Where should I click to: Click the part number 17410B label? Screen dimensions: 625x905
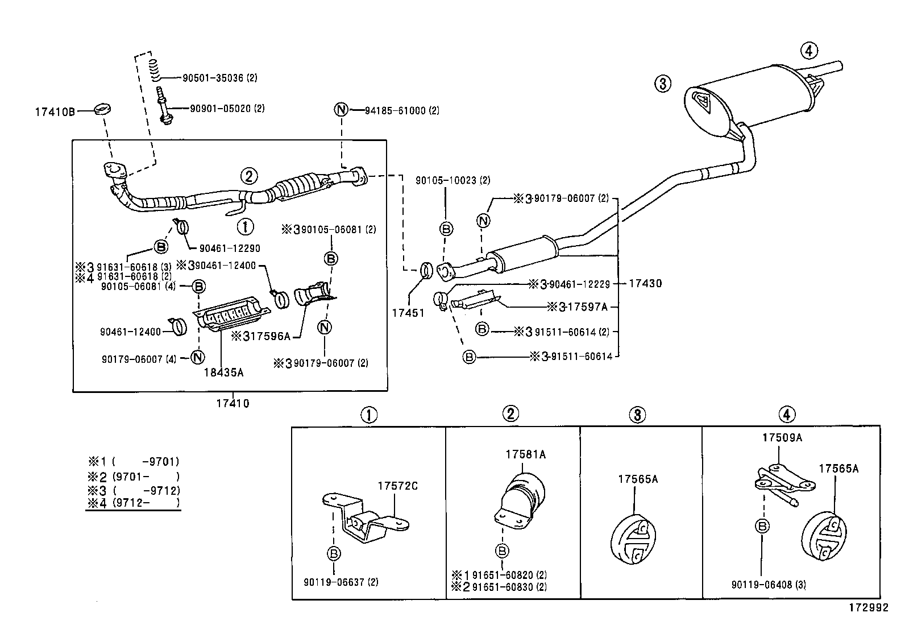click(55, 111)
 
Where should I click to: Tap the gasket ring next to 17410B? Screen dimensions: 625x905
click(102, 109)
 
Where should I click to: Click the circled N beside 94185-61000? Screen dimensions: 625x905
click(341, 109)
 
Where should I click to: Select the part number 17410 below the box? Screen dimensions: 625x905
click(233, 404)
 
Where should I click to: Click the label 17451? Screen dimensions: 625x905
click(408, 313)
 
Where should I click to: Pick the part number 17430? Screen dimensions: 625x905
click(645, 283)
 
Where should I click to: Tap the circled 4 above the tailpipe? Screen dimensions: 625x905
click(809, 51)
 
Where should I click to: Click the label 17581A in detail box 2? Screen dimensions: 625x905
click(525, 454)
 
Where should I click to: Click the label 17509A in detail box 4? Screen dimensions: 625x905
click(782, 437)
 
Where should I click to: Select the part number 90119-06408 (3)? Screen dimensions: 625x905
click(769, 585)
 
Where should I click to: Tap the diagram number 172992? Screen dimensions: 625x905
click(868, 608)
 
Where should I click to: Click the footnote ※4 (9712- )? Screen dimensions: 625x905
click(133, 503)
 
